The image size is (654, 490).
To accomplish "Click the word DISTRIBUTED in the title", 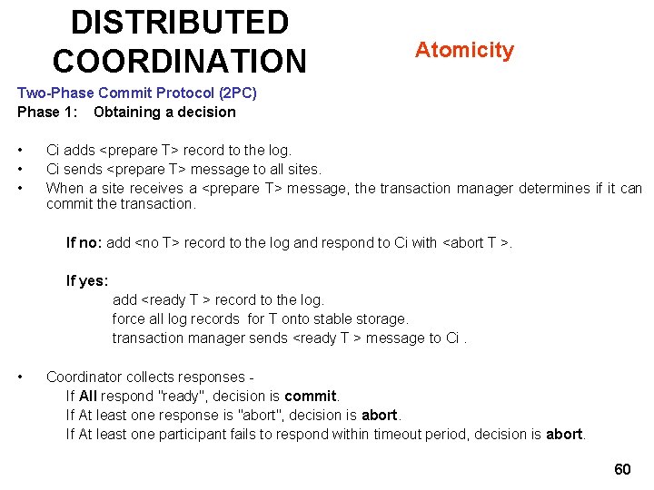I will click(180, 22).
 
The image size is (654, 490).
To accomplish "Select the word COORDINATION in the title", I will click(180, 61).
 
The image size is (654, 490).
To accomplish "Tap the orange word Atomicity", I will click(464, 50).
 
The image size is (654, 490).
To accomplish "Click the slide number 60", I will click(622, 469).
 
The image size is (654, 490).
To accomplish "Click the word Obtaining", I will click(125, 113).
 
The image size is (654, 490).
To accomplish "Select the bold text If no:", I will click(84, 242).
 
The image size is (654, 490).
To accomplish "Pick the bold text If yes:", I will click(87, 280).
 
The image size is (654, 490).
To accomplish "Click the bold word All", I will click(88, 397).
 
